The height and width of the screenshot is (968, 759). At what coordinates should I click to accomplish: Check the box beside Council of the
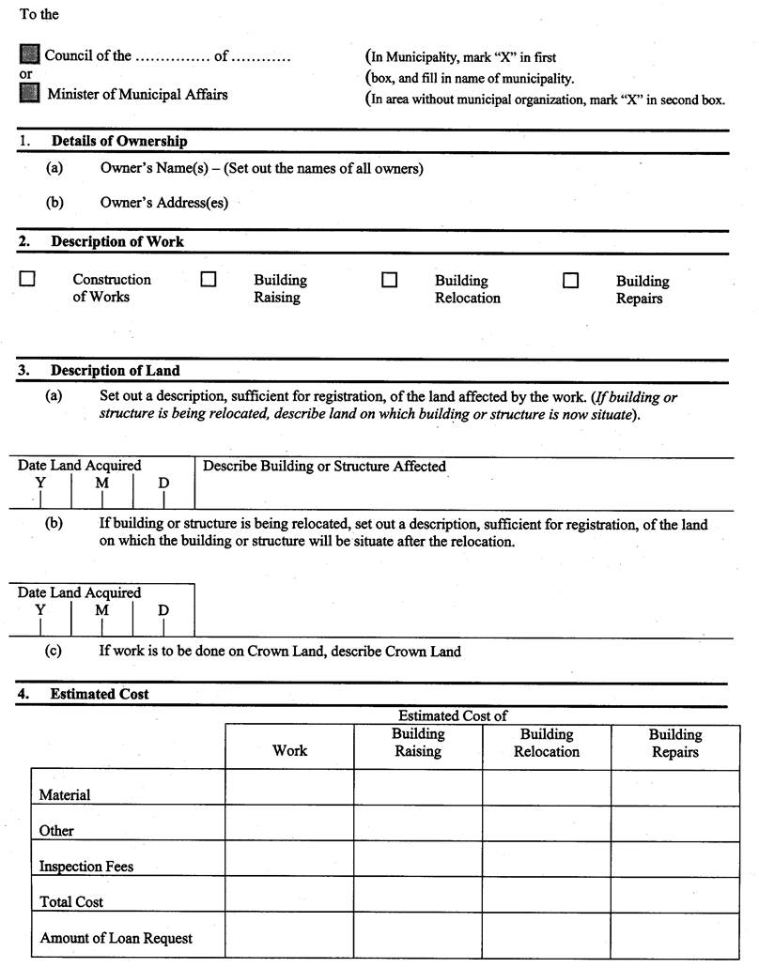tap(30, 54)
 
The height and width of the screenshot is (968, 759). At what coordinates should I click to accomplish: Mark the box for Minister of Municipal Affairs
tap(30, 93)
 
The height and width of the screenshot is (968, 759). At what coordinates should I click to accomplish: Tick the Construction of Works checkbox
tap(28, 279)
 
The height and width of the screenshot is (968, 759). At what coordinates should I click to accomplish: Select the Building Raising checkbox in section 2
tap(209, 279)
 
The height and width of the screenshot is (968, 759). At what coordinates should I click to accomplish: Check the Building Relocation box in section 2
tap(389, 280)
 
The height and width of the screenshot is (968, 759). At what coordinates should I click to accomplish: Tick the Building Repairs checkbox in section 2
tap(570, 280)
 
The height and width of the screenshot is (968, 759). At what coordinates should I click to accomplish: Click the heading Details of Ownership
tap(118, 141)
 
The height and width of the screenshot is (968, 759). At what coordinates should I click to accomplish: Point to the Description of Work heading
tap(117, 241)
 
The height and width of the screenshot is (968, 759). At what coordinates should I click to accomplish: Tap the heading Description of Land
tap(115, 370)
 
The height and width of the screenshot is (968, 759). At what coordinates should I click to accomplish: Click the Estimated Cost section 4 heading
tap(100, 694)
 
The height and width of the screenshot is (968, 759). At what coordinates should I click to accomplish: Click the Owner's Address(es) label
tap(163, 202)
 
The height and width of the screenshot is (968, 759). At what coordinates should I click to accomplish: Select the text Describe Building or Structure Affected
tap(324, 466)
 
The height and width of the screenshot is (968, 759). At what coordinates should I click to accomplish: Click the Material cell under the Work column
tap(289, 787)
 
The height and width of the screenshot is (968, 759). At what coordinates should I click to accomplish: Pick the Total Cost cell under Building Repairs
tap(675, 894)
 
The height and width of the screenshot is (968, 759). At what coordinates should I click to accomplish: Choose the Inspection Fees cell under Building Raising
tap(418, 858)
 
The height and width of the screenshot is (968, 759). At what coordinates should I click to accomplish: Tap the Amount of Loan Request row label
tap(116, 938)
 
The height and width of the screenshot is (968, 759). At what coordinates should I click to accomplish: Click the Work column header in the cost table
tap(289, 750)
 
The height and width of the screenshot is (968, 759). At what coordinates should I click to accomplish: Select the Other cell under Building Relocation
tap(547, 822)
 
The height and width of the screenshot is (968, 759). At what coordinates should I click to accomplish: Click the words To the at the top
tap(39, 14)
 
